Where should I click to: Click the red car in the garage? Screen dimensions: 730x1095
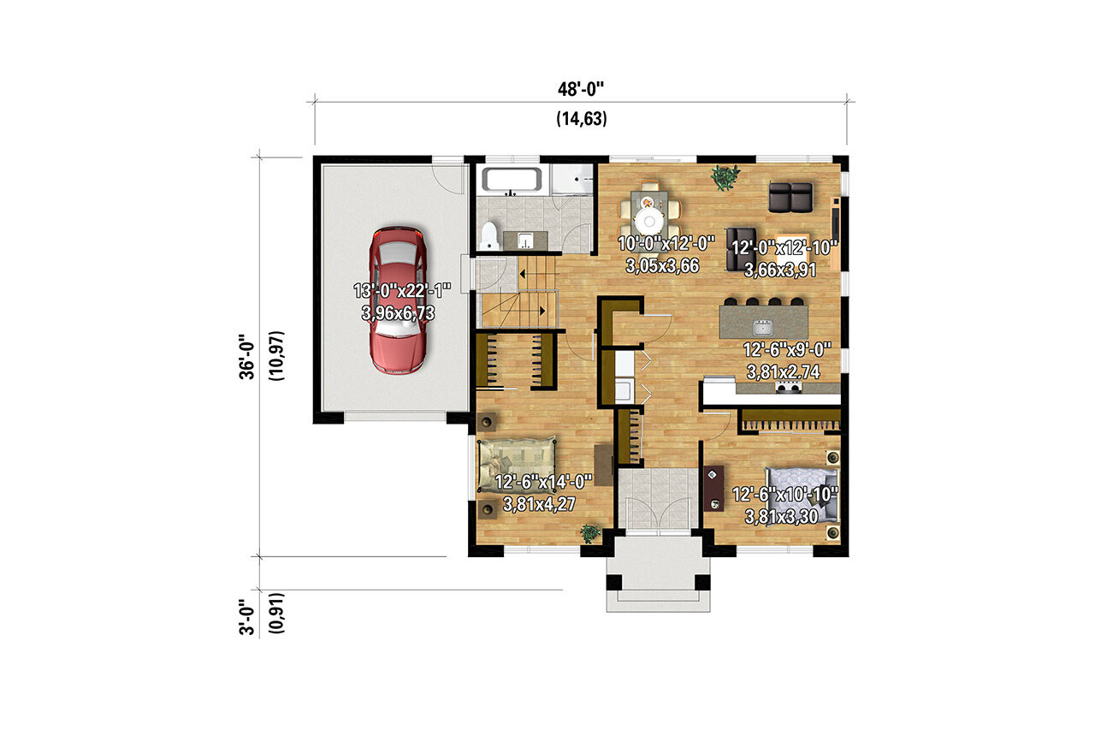click(397, 300)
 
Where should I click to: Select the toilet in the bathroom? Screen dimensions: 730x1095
click(490, 234)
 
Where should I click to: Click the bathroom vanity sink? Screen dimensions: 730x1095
click(525, 240)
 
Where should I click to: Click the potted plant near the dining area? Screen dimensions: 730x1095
click(725, 177)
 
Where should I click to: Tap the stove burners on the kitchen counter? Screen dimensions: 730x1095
click(789, 388)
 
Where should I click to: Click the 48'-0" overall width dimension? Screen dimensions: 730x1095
click(581, 88)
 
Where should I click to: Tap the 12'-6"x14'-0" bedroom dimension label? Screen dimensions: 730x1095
click(542, 480)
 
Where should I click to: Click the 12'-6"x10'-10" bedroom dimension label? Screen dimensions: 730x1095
click(784, 494)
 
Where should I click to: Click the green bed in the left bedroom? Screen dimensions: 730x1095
click(517, 466)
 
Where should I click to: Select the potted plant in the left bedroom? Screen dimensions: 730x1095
click(589, 534)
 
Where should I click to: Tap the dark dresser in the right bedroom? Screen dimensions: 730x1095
click(713, 488)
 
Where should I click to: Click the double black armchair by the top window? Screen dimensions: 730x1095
click(790, 197)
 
